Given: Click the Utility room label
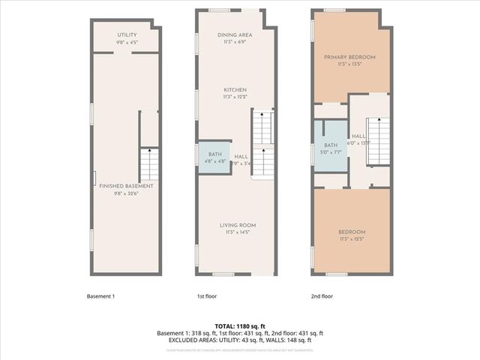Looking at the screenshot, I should (127, 35).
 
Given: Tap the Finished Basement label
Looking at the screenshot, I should (127, 185).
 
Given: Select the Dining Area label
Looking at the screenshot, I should (235, 35).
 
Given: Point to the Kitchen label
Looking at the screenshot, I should (235, 90).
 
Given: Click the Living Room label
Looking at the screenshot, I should (235, 225).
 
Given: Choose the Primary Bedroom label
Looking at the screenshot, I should (349, 57).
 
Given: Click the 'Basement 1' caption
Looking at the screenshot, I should (100, 296).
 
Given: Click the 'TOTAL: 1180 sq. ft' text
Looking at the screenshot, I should (240, 326).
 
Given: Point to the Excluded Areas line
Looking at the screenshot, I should (240, 340).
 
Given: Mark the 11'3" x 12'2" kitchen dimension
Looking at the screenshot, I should (235, 97).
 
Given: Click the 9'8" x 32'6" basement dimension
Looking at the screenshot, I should (127, 193).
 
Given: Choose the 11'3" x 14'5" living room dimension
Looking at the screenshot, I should (235, 232).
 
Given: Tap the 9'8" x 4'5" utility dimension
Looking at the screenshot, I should (127, 42).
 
